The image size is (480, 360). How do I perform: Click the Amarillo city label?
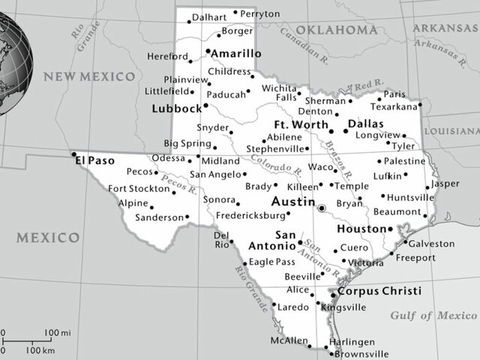(x=236, y=54)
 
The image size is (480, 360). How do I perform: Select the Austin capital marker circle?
(x=321, y=208)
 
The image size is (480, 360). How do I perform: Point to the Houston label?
(x=361, y=229)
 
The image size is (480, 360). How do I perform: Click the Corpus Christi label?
(x=378, y=291)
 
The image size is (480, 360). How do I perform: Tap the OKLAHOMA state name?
(x=336, y=29)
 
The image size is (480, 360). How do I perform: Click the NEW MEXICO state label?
(x=89, y=76)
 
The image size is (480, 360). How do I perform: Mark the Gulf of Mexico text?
(x=433, y=315)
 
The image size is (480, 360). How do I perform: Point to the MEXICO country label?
(x=49, y=238)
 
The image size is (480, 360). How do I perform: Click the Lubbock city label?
(x=176, y=108)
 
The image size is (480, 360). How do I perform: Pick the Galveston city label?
(x=431, y=244)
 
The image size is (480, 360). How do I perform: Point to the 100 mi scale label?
(x=57, y=332)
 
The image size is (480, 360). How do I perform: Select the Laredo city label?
(x=293, y=307)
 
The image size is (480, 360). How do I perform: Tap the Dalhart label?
(x=208, y=16)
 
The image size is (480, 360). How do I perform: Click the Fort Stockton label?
(x=139, y=188)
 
